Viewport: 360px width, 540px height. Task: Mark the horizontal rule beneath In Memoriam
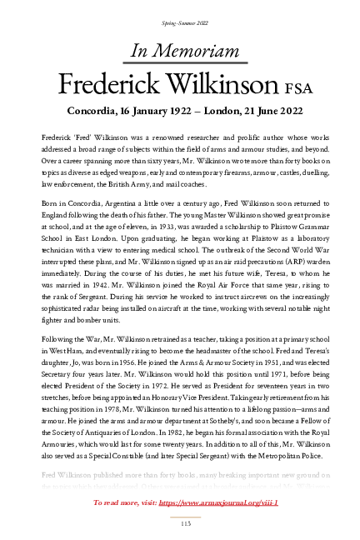179,62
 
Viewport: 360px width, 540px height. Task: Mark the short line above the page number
179,513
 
